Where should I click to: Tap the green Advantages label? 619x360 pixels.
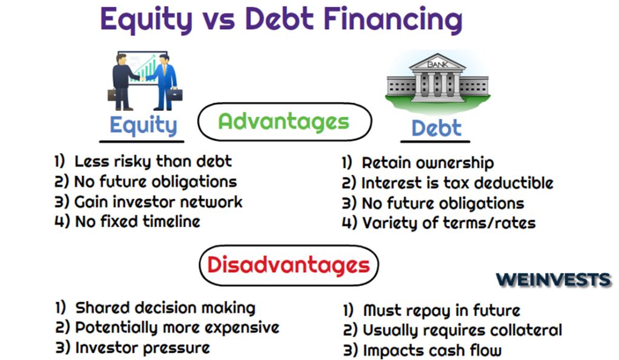284,122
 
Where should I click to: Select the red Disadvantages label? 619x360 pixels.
288,265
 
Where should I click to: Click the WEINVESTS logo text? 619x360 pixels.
554,280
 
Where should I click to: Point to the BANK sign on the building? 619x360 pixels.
438,64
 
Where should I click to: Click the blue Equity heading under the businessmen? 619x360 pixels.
144,125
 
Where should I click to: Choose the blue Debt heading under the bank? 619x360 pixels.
436,128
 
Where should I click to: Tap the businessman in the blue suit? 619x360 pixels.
164,82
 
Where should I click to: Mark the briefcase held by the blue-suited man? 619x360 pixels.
174,95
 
